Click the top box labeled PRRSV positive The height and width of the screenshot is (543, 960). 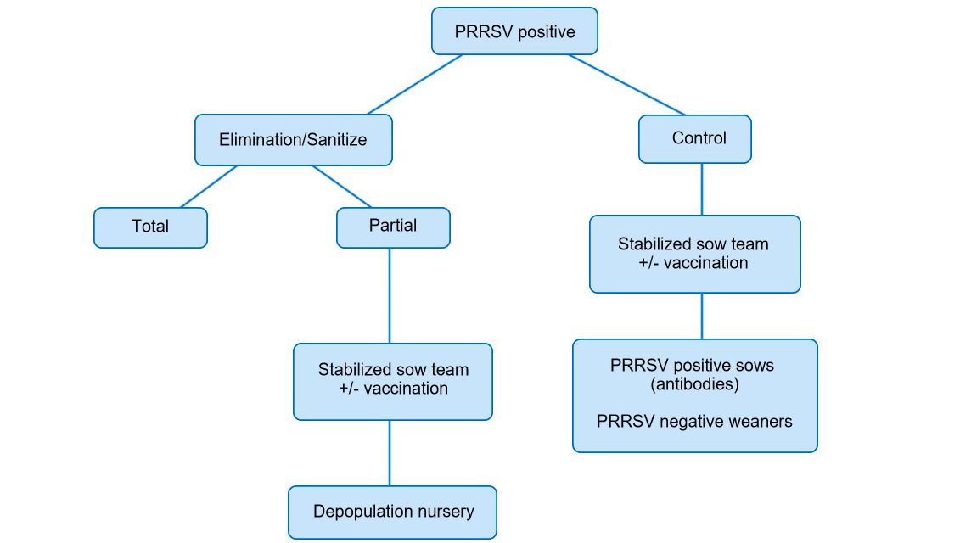click(x=514, y=32)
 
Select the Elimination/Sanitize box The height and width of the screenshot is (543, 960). click(x=293, y=139)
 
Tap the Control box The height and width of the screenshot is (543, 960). click(x=694, y=138)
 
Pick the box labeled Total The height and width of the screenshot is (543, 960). click(x=150, y=227)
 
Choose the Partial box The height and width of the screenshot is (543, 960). click(x=393, y=227)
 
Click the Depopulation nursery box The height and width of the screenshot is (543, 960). click(x=392, y=512)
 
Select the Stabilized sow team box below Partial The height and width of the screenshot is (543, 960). click(x=392, y=380)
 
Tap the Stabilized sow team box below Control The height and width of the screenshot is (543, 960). click(x=694, y=254)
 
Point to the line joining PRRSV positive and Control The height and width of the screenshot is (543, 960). click(x=626, y=85)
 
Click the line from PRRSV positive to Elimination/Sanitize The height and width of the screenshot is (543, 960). click(x=415, y=85)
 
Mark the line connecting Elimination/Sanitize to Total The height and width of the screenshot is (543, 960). click(x=209, y=186)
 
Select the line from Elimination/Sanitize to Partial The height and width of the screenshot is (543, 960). click(x=342, y=186)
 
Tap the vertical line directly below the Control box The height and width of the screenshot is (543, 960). click(x=701, y=188)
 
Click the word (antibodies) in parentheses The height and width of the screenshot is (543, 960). click(x=694, y=384)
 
